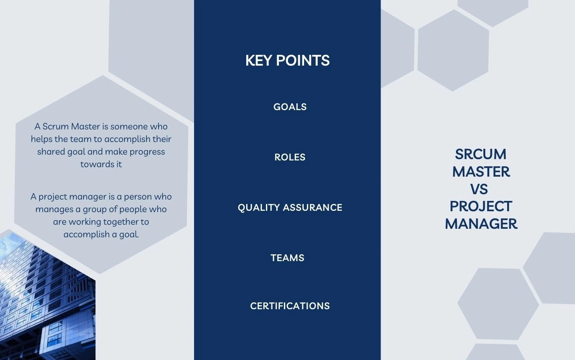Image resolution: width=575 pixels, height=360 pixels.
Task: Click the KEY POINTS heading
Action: pos(287,60)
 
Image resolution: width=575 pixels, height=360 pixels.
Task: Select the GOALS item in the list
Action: pos(290,107)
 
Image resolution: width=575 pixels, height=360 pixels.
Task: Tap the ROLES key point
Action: pos(290,157)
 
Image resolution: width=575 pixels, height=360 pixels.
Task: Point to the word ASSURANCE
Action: pos(312,208)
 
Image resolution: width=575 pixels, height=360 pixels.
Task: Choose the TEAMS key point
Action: pos(287,258)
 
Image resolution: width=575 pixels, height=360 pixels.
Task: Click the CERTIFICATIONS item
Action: pos(290,306)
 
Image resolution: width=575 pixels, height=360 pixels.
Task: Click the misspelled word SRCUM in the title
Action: pos(481,154)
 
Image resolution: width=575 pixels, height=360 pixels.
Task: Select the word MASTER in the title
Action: pos(481,172)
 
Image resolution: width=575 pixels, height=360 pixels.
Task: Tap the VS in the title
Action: pos(479,189)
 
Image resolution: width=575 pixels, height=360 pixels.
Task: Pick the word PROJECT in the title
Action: pos(481,206)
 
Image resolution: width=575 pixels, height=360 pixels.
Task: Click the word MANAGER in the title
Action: pos(481,224)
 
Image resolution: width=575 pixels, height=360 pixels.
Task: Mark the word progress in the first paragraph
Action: pos(147,152)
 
